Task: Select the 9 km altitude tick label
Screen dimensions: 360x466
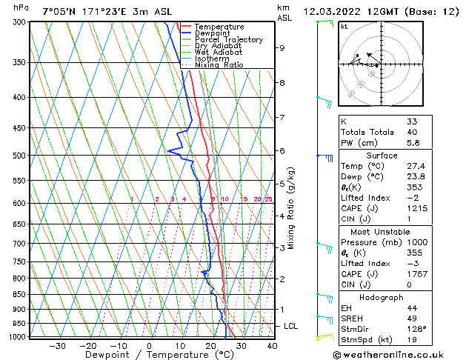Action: (x=282, y=48)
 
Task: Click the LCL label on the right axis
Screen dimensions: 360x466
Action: (x=292, y=326)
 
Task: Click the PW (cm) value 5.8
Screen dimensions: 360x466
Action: (x=412, y=143)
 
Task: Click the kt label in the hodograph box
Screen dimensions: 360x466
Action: (x=344, y=26)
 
